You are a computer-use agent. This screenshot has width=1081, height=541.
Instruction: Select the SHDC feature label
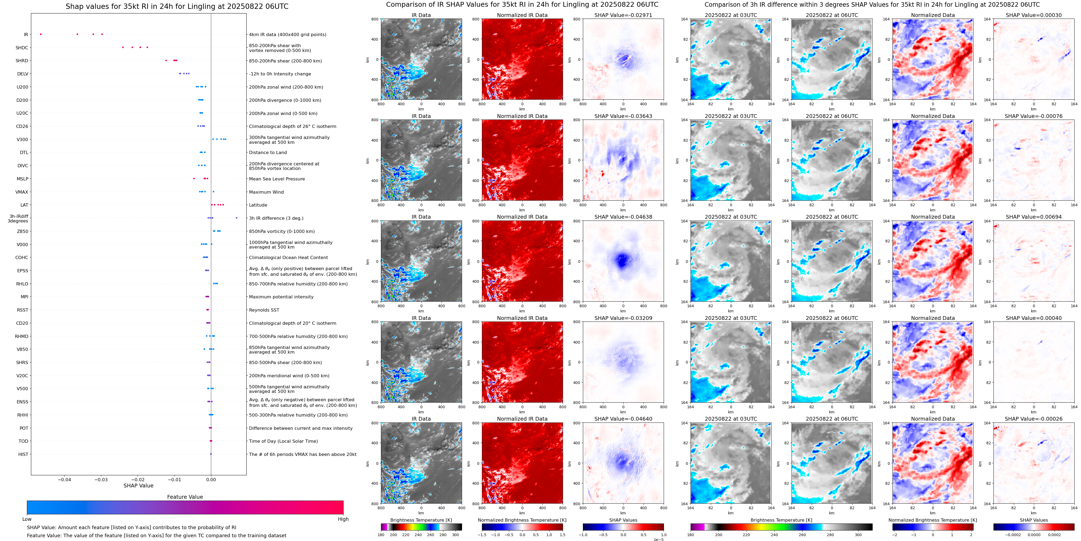pos(22,47)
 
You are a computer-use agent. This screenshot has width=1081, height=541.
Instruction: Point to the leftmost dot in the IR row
pos(41,34)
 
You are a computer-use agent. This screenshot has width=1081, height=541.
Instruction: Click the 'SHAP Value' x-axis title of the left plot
pos(138,486)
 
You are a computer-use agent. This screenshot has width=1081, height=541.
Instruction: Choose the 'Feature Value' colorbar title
pos(185,497)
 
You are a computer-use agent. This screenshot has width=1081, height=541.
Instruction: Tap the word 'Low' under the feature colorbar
pos(27,519)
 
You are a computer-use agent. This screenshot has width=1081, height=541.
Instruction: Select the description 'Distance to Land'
pos(268,152)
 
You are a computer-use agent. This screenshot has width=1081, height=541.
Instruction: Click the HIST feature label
pos(23,454)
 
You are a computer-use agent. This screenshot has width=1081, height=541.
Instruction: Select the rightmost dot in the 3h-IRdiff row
pos(237,218)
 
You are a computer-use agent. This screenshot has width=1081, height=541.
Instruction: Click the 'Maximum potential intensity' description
pos(281,297)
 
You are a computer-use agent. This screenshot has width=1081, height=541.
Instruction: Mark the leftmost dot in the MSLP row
pos(194,178)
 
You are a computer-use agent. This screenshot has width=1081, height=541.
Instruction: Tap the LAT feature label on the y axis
pos(24,205)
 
